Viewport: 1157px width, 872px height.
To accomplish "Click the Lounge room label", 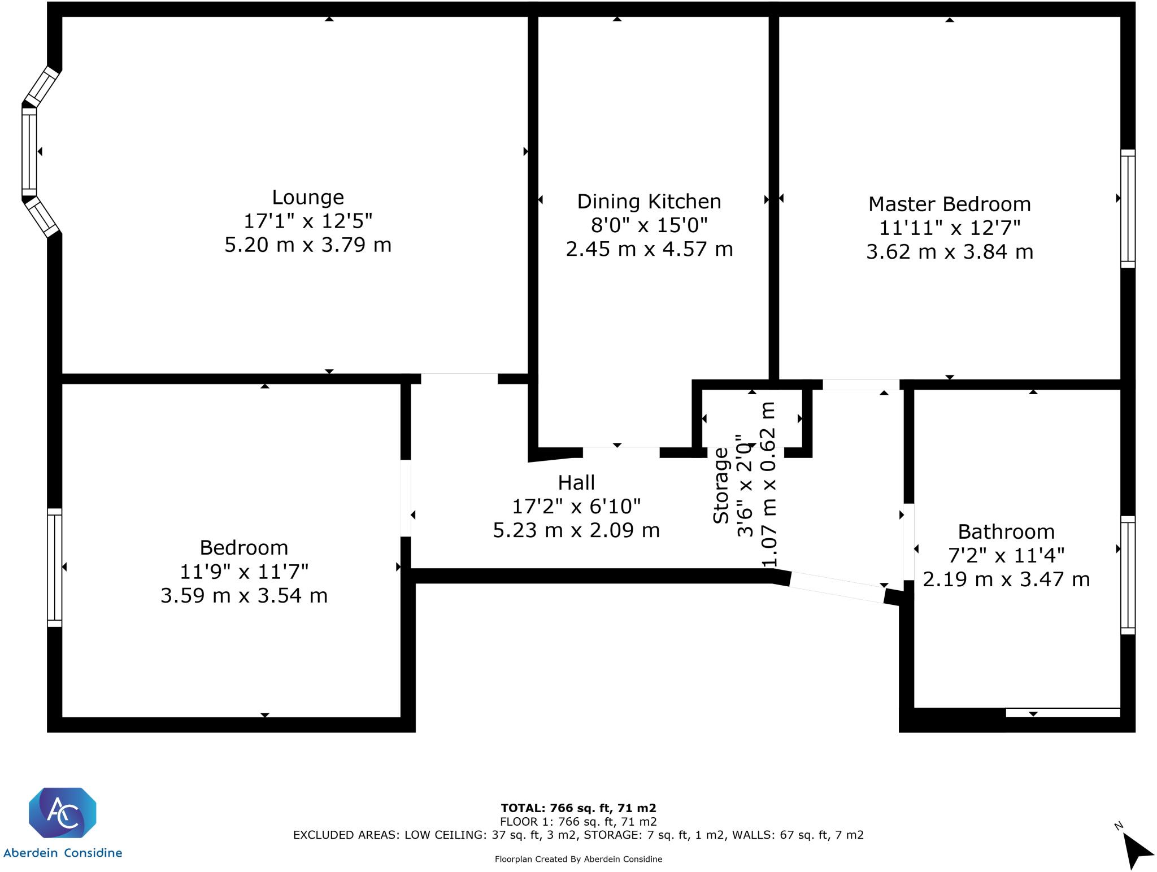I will coord(308,197).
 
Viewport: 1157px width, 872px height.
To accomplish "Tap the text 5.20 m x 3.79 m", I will coord(308,245).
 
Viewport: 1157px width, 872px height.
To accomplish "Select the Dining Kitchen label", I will coord(649,202).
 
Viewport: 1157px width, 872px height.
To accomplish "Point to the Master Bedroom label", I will coord(950,204).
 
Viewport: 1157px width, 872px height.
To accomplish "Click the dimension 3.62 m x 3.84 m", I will coord(950,251).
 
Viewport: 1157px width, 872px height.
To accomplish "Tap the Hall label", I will coord(576,483).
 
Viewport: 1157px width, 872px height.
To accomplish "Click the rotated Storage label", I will coord(721,486).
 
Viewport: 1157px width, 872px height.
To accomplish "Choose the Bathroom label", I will coord(1006,532).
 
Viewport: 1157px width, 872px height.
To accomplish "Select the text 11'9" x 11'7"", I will coord(244,572).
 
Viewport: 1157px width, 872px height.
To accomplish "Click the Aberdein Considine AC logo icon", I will coord(63,813).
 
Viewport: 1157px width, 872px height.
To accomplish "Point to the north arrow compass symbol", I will coord(1136,849).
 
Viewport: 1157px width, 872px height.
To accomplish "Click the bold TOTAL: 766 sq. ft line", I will coord(578,808).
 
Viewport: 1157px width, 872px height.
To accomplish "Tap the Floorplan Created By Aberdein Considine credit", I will coord(578,859).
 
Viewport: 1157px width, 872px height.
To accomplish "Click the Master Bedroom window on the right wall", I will coord(1128,208).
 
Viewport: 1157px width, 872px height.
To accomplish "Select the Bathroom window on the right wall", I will coord(1128,575).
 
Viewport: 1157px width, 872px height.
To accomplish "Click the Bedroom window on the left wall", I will coord(55,567).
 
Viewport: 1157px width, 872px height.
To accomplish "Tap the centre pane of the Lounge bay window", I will coord(29,151).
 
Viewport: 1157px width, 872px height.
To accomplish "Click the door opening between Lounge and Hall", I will coord(459,378).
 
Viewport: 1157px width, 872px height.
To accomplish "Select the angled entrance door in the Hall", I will coord(837,587).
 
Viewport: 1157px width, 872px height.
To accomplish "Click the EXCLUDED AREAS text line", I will coord(578,835).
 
